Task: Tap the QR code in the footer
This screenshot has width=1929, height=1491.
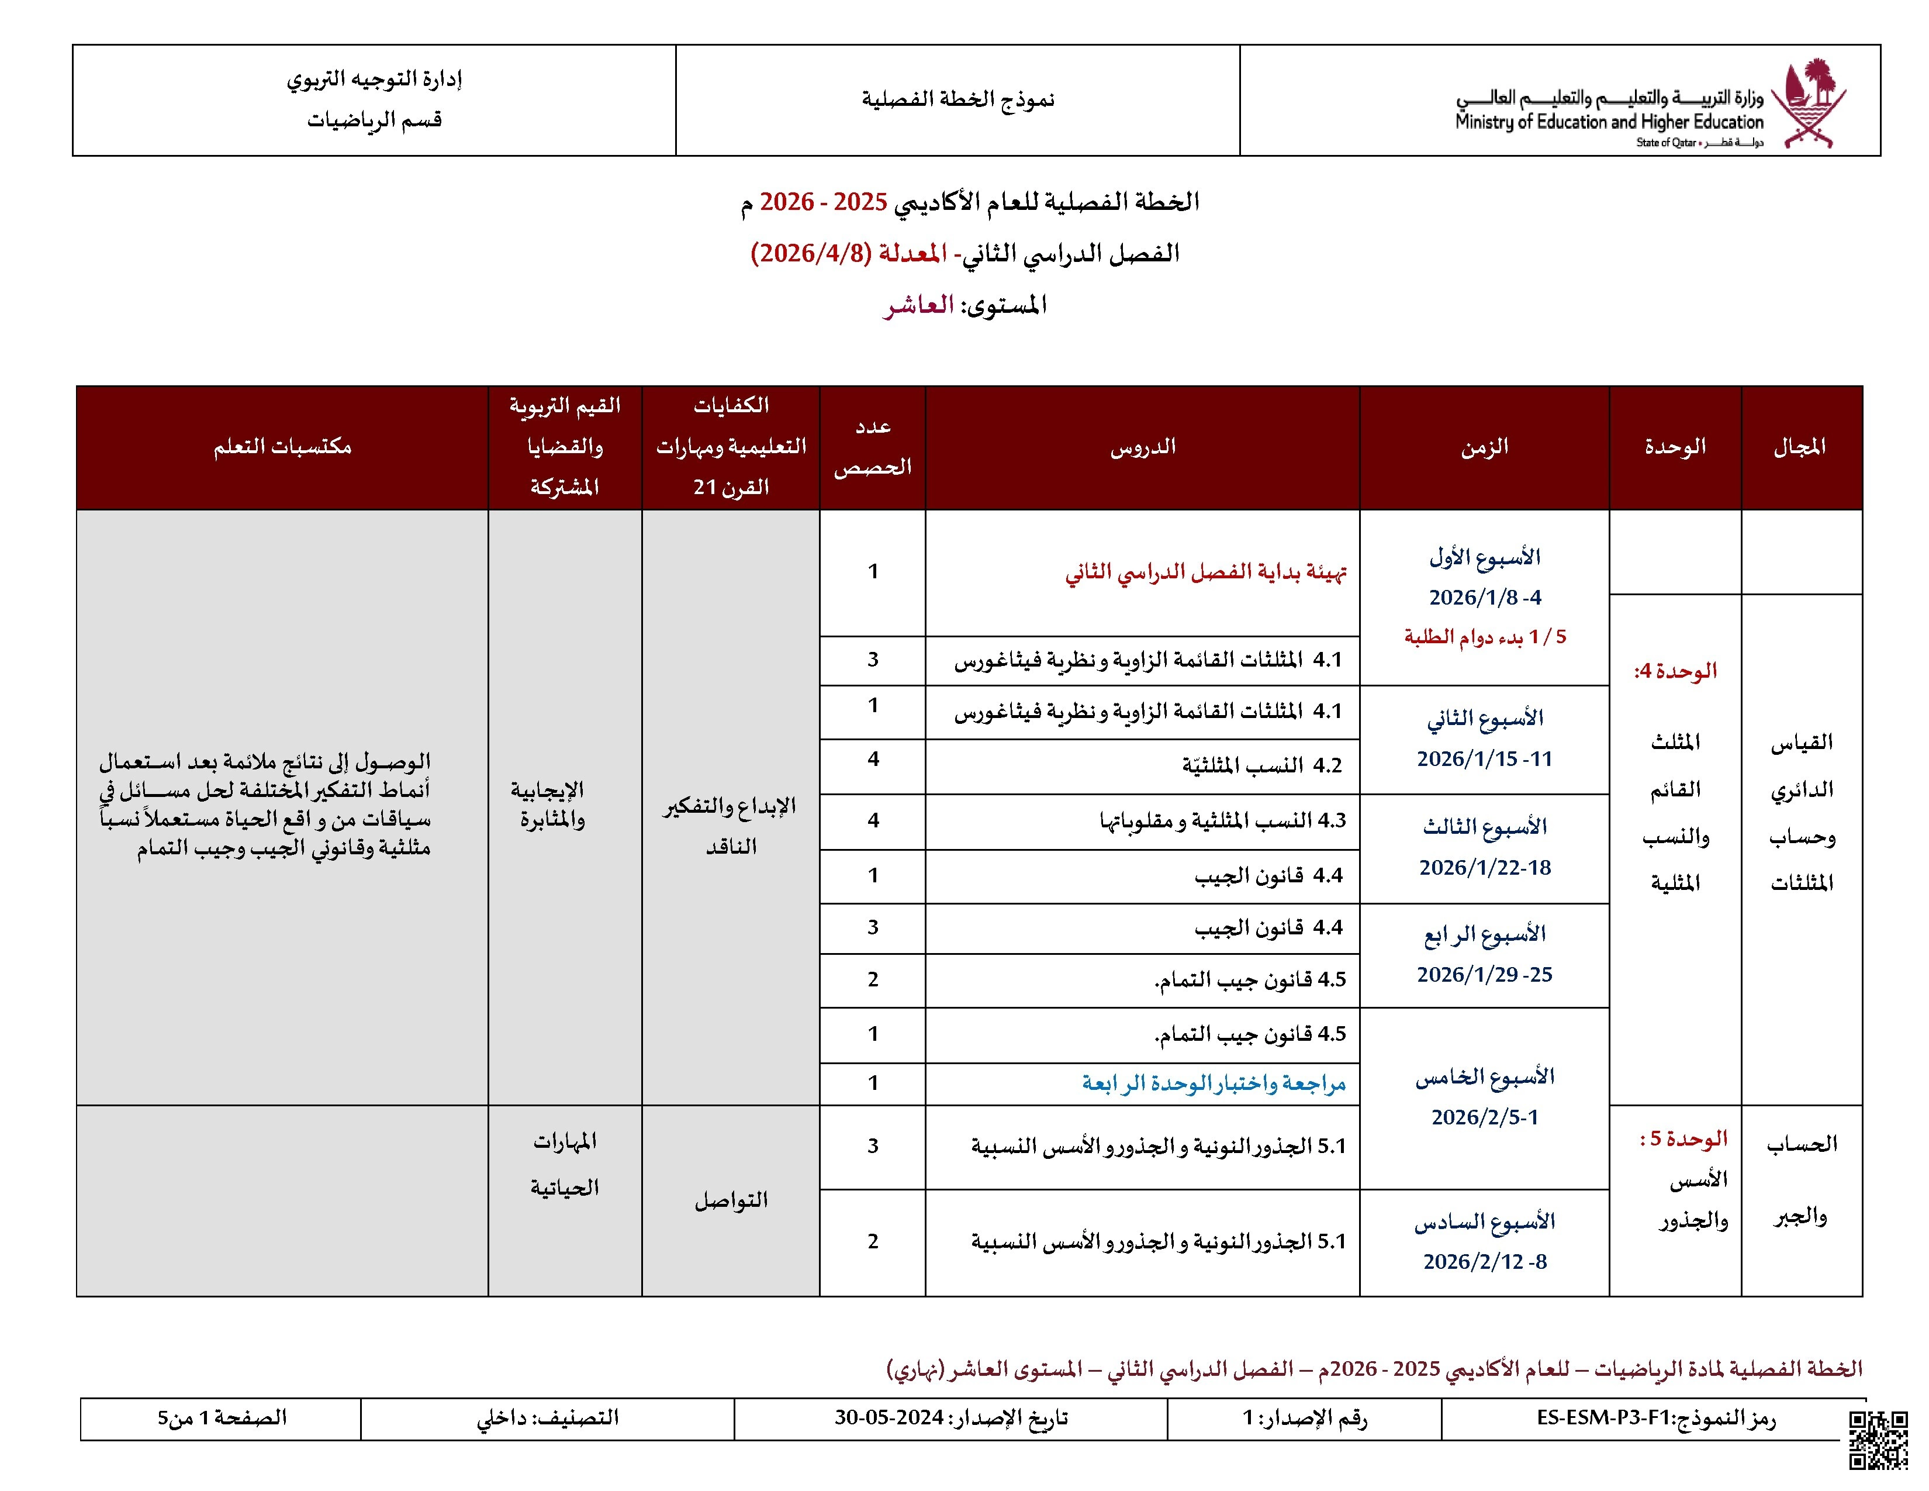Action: [1879, 1440]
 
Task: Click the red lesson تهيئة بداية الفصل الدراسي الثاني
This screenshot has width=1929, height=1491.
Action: [1205, 572]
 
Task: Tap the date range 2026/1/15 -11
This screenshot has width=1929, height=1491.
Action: [1484, 759]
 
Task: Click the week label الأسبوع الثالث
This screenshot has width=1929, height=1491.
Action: [1484, 827]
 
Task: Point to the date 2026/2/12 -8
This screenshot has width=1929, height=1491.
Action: [1484, 1261]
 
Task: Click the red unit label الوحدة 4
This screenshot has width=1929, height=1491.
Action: [1675, 671]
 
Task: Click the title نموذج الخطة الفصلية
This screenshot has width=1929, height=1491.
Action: [957, 99]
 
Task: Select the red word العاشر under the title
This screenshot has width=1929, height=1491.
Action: [918, 306]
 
